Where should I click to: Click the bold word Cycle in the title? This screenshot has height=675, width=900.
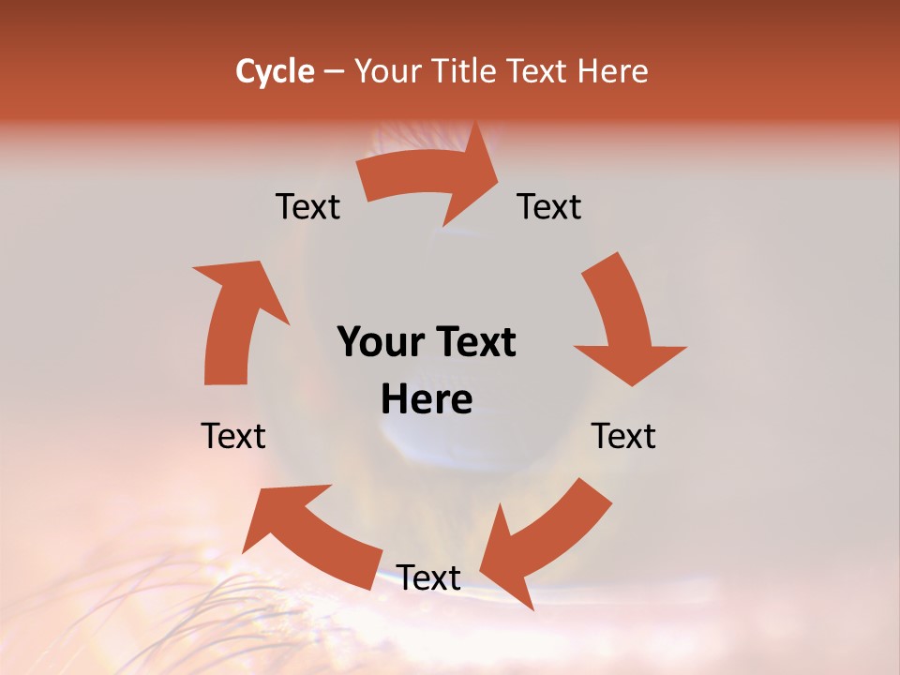click(x=275, y=71)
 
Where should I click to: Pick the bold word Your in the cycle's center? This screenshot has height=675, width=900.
click(x=379, y=343)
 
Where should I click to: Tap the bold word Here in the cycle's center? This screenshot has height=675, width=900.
click(x=427, y=399)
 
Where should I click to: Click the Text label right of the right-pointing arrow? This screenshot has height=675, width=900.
click(x=549, y=206)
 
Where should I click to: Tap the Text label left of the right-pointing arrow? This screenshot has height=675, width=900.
click(x=307, y=206)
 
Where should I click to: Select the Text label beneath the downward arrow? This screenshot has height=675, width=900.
click(x=623, y=436)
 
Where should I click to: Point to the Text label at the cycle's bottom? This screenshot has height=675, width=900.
click(x=428, y=577)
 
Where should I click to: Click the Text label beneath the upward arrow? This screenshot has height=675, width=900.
click(x=233, y=436)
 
